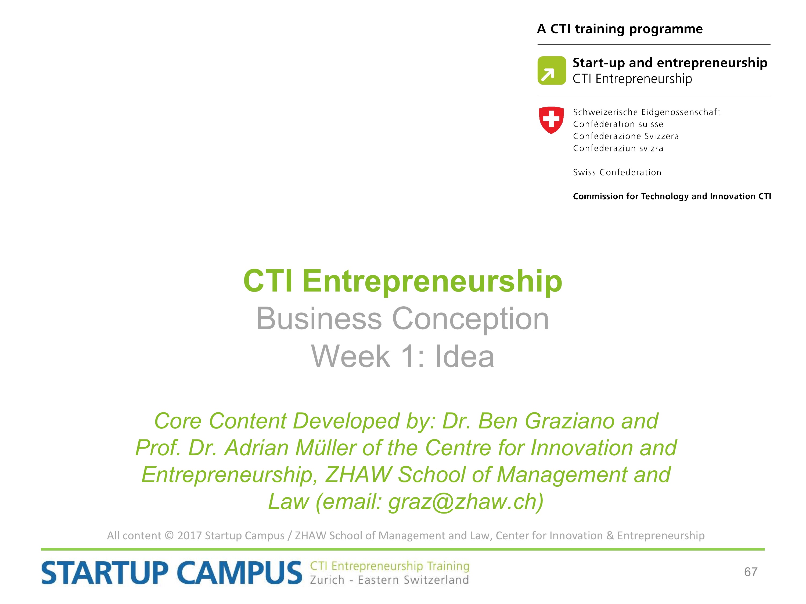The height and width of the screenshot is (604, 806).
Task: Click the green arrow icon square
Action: pos(552,70)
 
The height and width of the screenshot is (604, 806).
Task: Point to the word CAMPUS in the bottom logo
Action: pos(240,573)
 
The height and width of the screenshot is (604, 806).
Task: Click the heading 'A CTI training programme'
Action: pos(620,29)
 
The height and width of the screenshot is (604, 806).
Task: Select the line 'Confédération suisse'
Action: pos(618,124)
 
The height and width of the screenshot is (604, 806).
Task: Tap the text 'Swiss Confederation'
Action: pos(617,172)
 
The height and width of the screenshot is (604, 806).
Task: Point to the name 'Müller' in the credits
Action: pos(326,448)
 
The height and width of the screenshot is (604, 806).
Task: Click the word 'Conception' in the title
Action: pos(470,319)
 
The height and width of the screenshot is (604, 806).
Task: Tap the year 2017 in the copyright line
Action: pos(189,536)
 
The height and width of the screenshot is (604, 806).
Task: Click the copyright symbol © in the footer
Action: pos(169,536)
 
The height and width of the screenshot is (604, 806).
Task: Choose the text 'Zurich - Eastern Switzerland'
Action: pos(389,580)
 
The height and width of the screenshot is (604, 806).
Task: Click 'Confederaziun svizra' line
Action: pos(618,148)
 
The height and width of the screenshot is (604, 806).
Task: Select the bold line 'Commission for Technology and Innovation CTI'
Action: pos(672,196)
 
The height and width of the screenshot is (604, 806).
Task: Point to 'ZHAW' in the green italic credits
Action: pos(358,475)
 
